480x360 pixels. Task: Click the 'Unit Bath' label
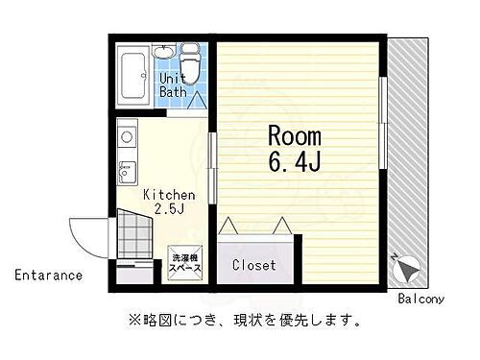click(173, 84)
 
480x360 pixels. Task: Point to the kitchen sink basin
click(125, 173)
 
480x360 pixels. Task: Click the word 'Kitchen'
click(169, 195)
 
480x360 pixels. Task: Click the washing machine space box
click(186, 263)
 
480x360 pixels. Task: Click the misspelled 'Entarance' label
click(48, 276)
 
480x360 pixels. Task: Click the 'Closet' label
click(254, 264)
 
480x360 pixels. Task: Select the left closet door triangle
click(231, 227)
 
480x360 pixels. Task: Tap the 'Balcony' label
click(420, 298)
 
